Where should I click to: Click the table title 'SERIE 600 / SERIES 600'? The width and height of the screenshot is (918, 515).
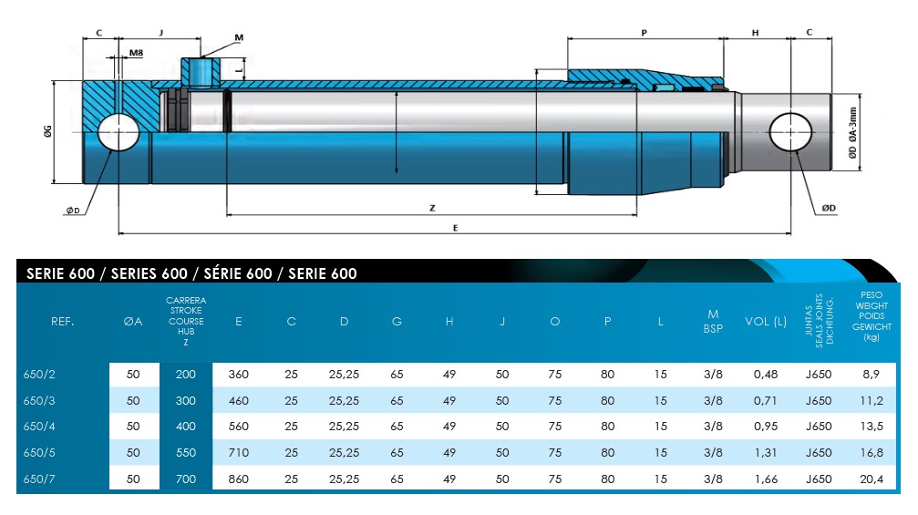coord(191,273)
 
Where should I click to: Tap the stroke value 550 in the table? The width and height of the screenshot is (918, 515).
coord(186,452)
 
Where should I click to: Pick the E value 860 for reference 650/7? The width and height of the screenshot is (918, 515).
coord(239,478)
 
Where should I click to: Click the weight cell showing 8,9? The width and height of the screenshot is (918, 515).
coord(872,374)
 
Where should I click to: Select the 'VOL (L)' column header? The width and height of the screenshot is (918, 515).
coord(766,322)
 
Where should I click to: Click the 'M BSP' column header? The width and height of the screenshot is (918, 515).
coord(713,322)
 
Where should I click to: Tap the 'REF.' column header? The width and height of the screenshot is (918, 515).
coord(63,322)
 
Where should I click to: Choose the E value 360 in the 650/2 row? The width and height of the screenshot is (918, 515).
coord(239,374)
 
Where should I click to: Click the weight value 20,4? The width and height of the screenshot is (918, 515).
coord(872,478)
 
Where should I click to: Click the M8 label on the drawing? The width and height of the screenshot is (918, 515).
coord(135,54)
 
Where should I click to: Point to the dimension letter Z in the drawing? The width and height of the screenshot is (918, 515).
coord(432,208)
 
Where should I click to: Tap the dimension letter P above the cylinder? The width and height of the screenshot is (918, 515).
coord(644,32)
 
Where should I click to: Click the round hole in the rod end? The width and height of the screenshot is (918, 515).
coord(789,133)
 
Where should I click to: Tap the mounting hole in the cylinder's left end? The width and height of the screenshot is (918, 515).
coord(117,133)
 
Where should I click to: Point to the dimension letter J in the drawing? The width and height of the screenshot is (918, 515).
coord(160,32)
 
